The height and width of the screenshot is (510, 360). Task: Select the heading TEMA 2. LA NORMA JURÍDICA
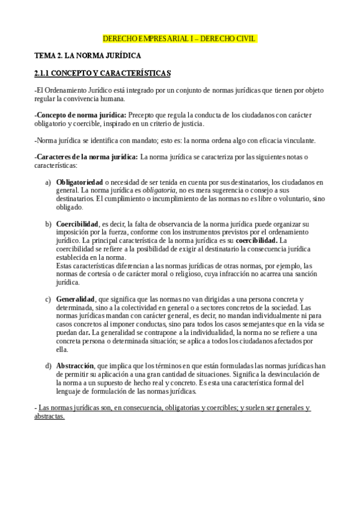pos(88,55)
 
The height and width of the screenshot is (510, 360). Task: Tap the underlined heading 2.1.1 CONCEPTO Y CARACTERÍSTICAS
pos(103,73)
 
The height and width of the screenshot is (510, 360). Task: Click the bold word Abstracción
pos(75,365)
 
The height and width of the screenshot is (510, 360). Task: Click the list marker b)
pos(48,224)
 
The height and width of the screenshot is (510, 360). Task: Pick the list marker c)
pos(48,299)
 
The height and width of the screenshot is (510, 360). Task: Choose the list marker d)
pos(48,365)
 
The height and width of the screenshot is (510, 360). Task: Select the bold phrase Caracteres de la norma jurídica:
pos(87,157)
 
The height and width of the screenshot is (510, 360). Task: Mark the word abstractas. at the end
pos(50,416)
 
